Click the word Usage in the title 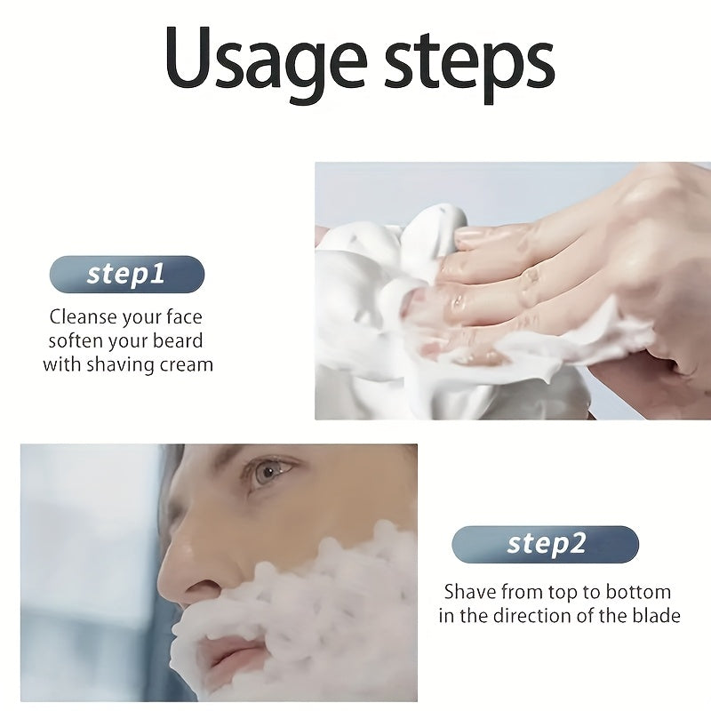click(x=264, y=58)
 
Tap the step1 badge click(x=126, y=274)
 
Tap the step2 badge click(x=545, y=544)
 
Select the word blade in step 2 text click(x=654, y=616)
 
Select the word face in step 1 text click(x=182, y=316)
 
